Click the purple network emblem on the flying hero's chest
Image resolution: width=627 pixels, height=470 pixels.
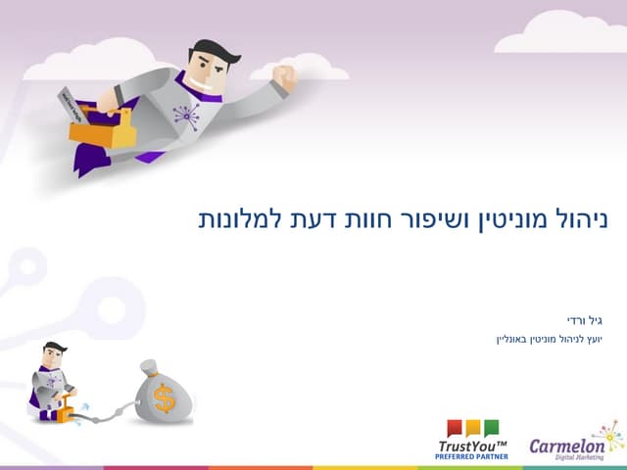point(186,117)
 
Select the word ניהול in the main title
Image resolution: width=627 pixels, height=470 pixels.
point(579,218)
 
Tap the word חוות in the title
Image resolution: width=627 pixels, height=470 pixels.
point(368,218)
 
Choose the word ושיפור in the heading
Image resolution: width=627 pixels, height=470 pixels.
point(437,218)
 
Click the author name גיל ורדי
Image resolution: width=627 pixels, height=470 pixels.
point(584,320)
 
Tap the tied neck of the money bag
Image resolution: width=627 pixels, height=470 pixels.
point(149,369)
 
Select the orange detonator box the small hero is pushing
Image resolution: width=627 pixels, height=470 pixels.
point(67,413)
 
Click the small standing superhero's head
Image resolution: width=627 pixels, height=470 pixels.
point(53,353)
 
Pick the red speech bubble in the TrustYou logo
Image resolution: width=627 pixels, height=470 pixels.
point(455,428)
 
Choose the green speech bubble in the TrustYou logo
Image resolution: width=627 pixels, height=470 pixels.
point(491,428)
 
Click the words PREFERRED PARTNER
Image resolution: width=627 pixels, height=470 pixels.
point(473,456)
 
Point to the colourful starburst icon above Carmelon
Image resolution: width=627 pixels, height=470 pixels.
point(607,431)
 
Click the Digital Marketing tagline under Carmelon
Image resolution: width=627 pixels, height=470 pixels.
point(581,458)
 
